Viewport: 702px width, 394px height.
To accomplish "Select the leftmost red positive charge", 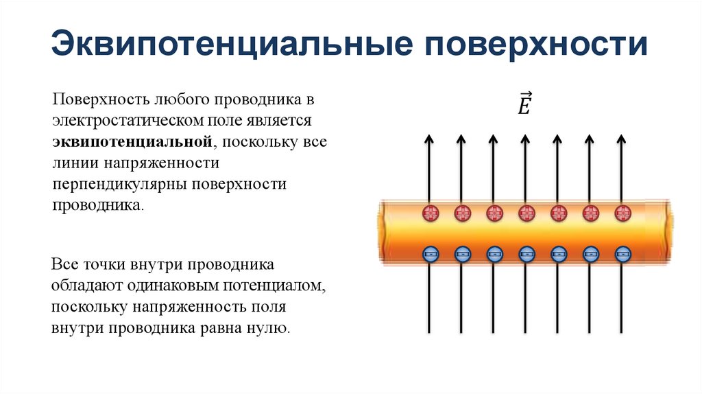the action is click(x=430, y=213).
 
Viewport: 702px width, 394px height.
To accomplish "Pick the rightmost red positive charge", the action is click(x=622, y=213).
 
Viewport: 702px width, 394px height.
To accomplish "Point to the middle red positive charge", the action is click(x=526, y=213).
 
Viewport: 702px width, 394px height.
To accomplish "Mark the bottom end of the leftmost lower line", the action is click(x=430, y=332).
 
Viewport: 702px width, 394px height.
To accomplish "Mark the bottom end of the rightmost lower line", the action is click(x=622, y=332).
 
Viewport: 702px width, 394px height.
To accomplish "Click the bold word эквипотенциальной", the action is click(x=130, y=142).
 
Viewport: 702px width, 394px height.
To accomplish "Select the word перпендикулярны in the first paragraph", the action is click(x=121, y=185).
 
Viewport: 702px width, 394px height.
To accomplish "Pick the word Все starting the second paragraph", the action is click(x=65, y=264).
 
